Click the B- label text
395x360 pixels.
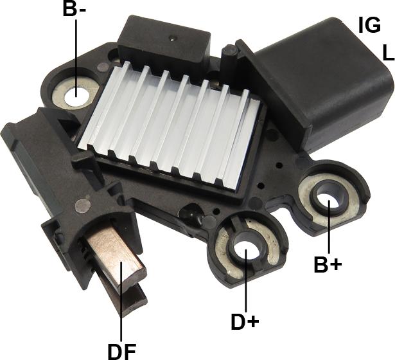[x=75, y=9]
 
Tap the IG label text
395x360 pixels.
[x=369, y=25]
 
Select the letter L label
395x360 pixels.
[x=388, y=52]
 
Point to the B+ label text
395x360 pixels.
[x=328, y=264]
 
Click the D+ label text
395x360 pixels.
[x=245, y=321]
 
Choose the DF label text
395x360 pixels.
[x=122, y=352]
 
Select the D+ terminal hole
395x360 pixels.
[x=245, y=250]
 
